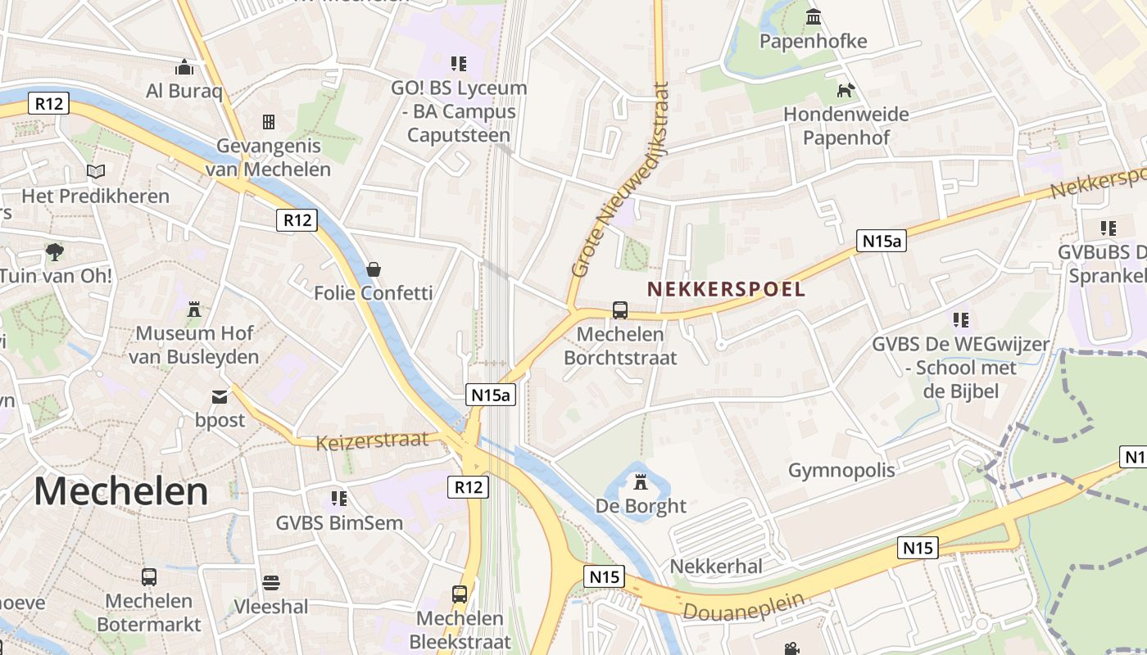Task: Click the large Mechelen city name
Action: point(121,491)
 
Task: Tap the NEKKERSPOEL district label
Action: point(726,289)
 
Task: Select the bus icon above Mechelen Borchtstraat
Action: point(620,310)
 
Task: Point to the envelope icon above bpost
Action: point(220,397)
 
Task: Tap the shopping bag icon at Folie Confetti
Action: point(374,269)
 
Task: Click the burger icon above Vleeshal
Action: point(271,582)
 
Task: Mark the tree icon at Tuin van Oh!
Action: point(55,251)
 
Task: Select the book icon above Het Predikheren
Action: point(96,172)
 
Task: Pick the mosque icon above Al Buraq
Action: point(184,66)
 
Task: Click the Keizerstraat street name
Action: point(372,440)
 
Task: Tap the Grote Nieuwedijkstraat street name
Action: point(621,180)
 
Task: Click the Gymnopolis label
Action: point(841,470)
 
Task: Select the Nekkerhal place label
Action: point(716,566)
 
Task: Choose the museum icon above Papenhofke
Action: point(814,16)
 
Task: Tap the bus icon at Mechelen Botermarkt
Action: point(149,577)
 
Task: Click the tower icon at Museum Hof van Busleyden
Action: point(194,309)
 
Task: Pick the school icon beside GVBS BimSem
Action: point(339,498)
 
